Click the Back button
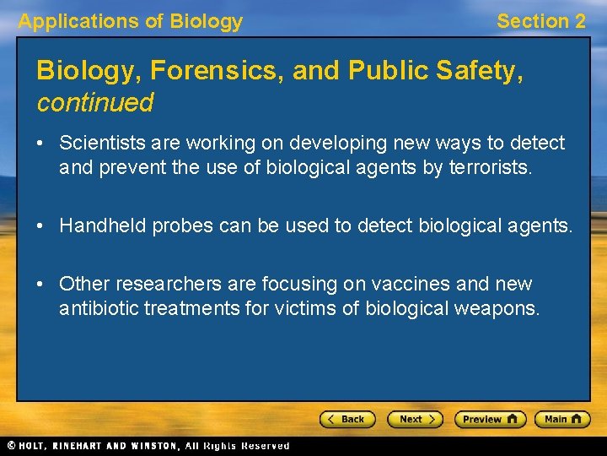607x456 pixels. click(x=346, y=419)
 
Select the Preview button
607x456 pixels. click(x=490, y=419)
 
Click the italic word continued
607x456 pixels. click(x=94, y=103)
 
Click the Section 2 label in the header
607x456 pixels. click(x=540, y=21)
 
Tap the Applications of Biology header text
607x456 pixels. click(x=130, y=21)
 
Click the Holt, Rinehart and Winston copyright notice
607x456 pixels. click(x=148, y=446)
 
